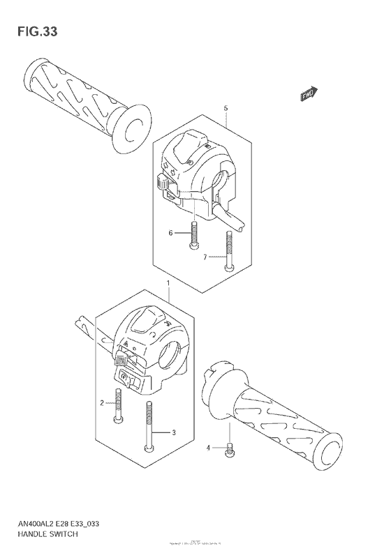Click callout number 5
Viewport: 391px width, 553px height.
click(226, 109)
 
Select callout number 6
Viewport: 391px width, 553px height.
click(169, 233)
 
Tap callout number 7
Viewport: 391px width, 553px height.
click(205, 258)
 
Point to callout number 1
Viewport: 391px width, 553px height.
click(168, 283)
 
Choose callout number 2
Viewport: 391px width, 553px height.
click(101, 403)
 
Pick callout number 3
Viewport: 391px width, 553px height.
click(174, 433)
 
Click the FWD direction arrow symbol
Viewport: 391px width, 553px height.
click(309, 93)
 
